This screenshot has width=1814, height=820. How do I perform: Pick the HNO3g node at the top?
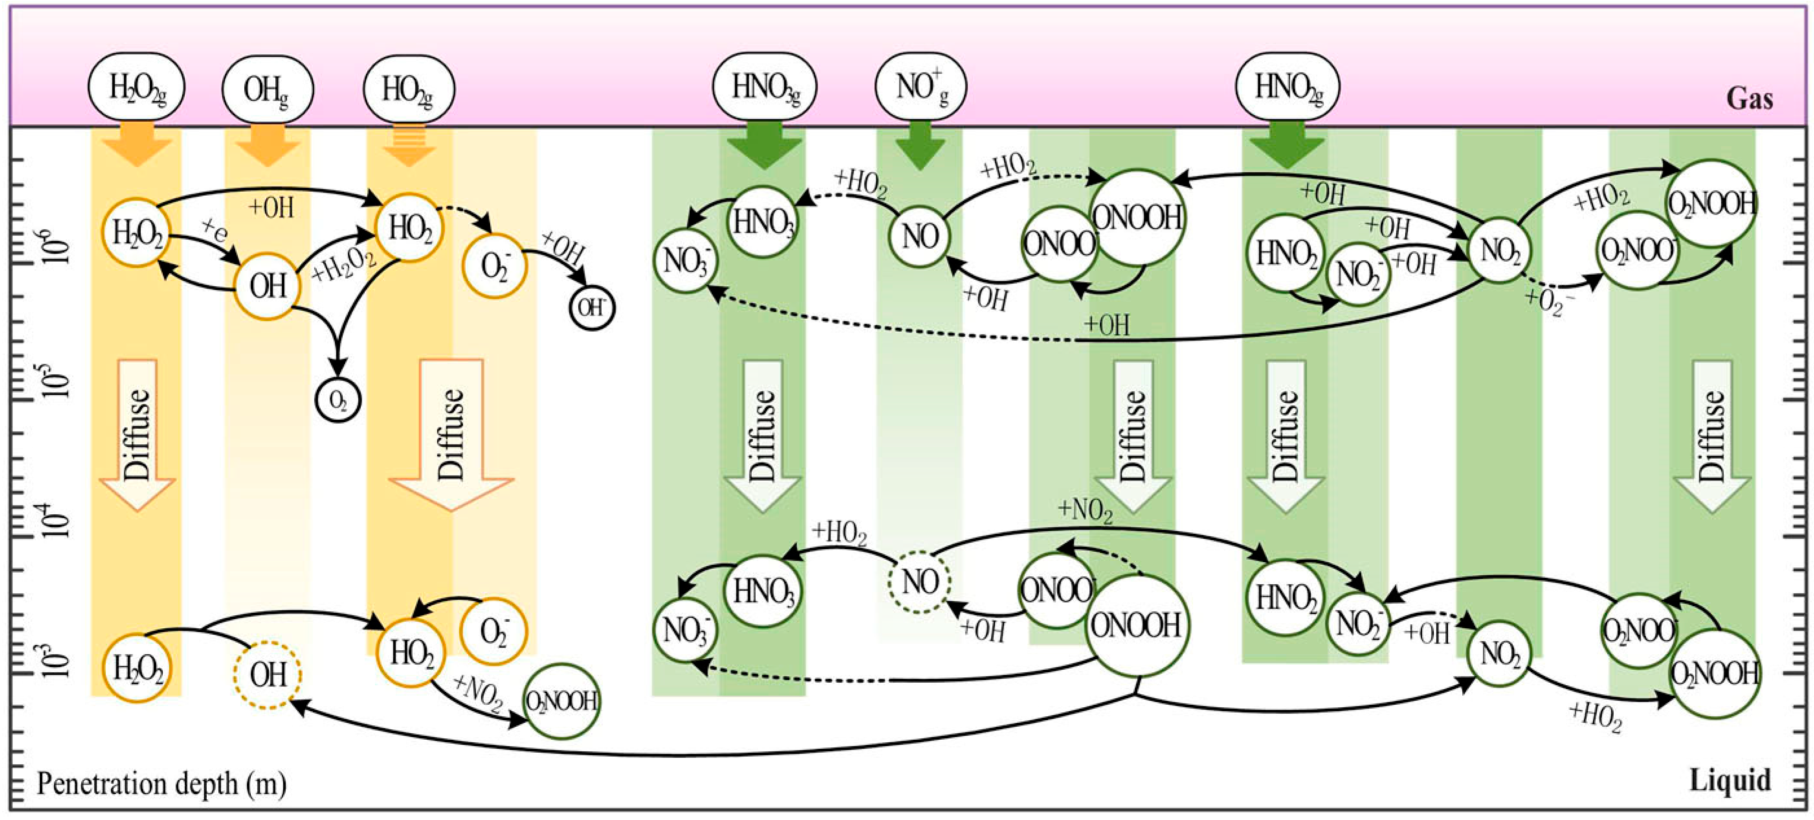(765, 87)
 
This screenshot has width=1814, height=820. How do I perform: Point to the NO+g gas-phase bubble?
(921, 87)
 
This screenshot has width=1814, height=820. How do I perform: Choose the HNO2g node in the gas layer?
(1288, 87)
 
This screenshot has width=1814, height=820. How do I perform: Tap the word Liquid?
(1729, 781)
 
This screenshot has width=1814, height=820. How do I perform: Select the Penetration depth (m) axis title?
(161, 783)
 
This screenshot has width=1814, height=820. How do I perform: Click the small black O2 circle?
(338, 400)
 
